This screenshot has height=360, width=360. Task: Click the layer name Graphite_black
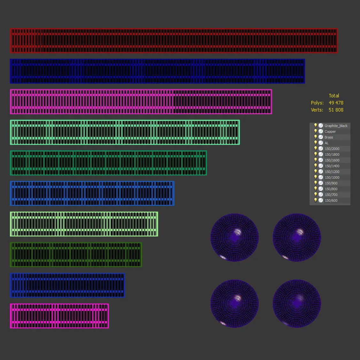[336, 126]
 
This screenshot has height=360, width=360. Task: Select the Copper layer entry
[330, 131]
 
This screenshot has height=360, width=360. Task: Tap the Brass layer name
[329, 137]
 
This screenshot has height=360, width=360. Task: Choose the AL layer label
[326, 143]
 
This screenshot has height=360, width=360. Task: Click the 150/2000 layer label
[332, 149]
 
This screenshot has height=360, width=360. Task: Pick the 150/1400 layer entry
[332, 166]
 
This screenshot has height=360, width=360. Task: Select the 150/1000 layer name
[332, 177]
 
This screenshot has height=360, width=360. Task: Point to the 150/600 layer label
[331, 200]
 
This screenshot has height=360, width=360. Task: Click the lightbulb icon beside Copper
[316, 131]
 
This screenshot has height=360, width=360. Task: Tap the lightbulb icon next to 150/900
[316, 183]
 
